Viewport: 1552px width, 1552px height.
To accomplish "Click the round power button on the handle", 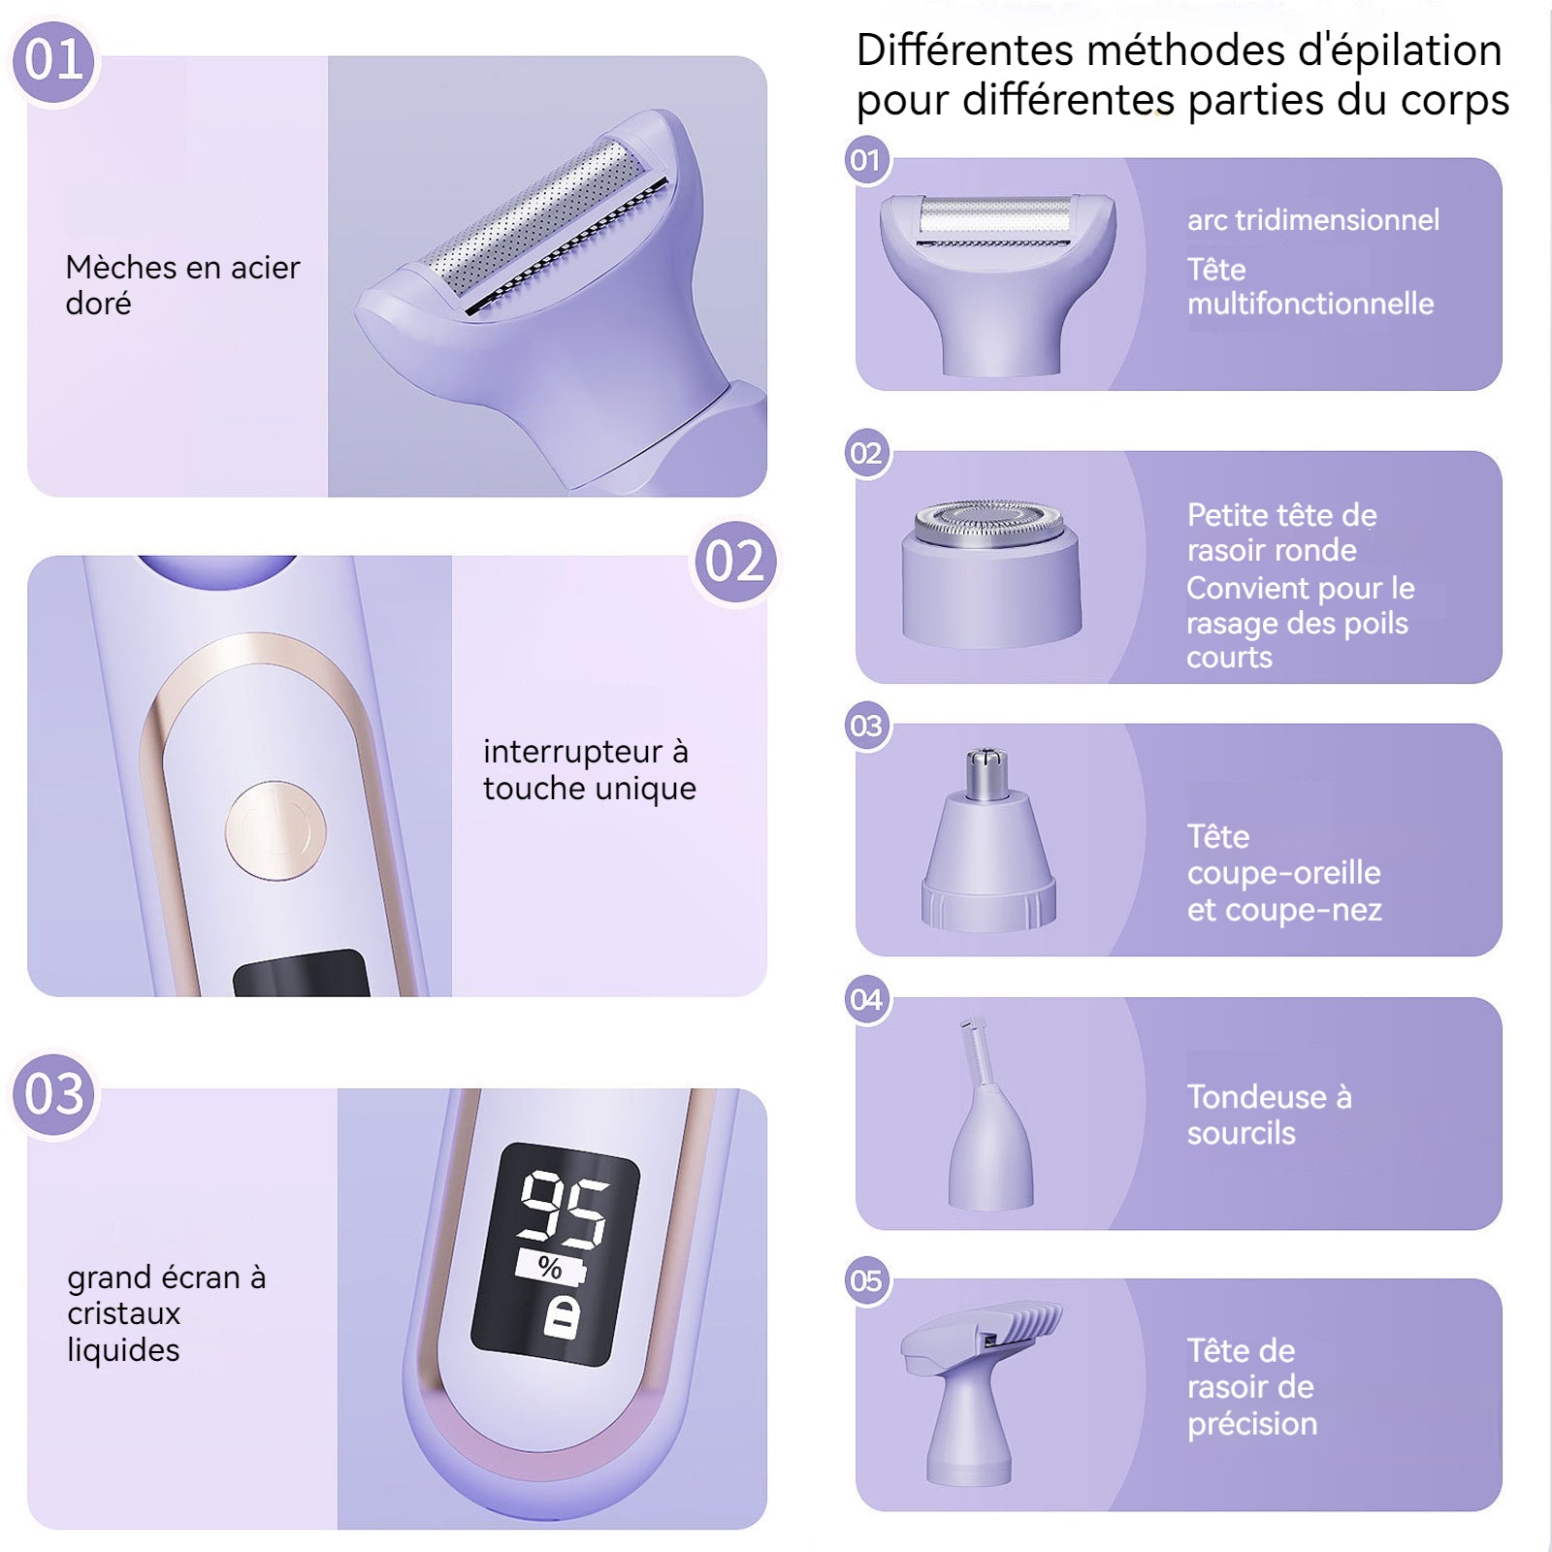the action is pyautogui.click(x=275, y=830).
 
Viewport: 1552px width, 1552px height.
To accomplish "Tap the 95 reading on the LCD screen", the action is pyautogui.click(x=564, y=1208).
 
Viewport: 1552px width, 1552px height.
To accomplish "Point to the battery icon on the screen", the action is pyautogui.click(x=563, y=1318).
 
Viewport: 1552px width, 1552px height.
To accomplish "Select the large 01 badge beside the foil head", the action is pyautogui.click(x=54, y=61).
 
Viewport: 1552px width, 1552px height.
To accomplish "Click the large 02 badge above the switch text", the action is pyautogui.click(x=735, y=562).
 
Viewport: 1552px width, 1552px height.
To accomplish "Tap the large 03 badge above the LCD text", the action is pyautogui.click(x=54, y=1095).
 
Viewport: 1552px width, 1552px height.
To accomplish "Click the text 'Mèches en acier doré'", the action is pyautogui.click(x=182, y=285).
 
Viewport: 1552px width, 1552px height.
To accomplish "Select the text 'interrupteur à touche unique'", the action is pyautogui.click(x=590, y=770).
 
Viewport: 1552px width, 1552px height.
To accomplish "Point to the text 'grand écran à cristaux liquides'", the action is pyautogui.click(x=166, y=1313).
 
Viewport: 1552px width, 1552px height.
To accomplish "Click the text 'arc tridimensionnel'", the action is pyautogui.click(x=1313, y=220).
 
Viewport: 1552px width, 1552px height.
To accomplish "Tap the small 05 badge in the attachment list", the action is pyautogui.click(x=866, y=1281).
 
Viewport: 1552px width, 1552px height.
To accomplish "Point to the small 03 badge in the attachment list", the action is pyautogui.click(x=866, y=727).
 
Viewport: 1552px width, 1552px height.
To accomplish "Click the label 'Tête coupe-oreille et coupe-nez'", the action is pyautogui.click(x=1284, y=873).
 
